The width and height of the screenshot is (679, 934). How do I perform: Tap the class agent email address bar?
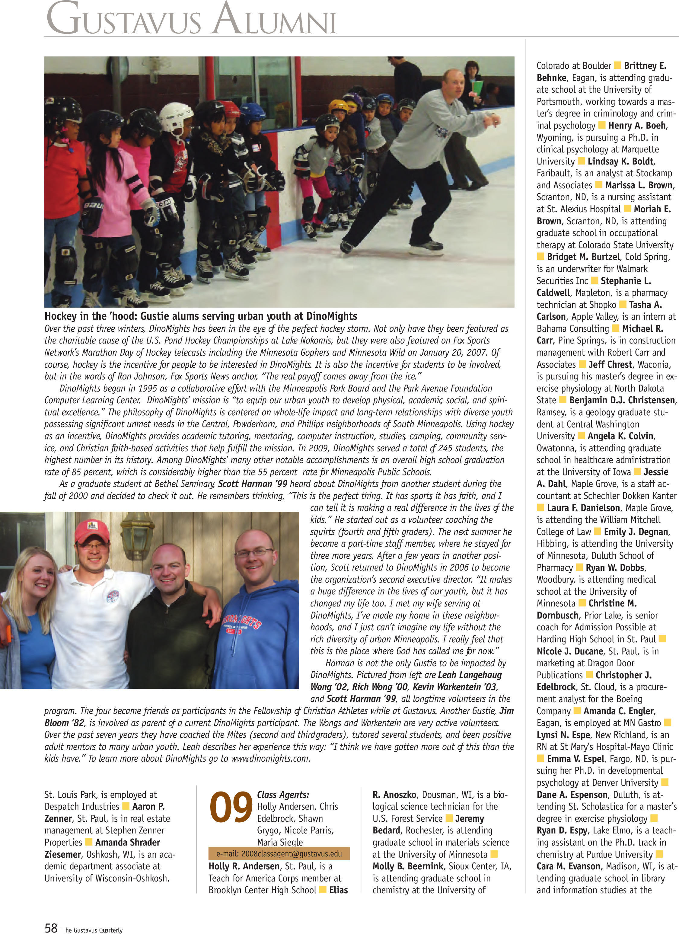[279, 854]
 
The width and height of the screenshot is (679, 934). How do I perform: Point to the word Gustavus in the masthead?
[123, 21]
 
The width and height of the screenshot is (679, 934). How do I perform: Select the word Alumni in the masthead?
[275, 21]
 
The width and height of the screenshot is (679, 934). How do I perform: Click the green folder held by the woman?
[477, 88]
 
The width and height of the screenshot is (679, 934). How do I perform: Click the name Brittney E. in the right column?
[645, 66]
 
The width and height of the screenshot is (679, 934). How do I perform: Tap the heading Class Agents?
[283, 795]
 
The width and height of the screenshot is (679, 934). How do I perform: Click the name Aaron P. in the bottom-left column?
[148, 806]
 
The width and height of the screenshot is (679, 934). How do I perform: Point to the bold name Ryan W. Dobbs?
[615, 568]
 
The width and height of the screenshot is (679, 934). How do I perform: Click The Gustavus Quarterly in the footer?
[92, 930]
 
